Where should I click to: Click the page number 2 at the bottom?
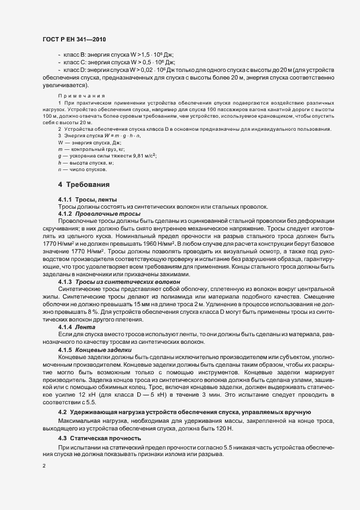pyautogui.click(x=44, y=466)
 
